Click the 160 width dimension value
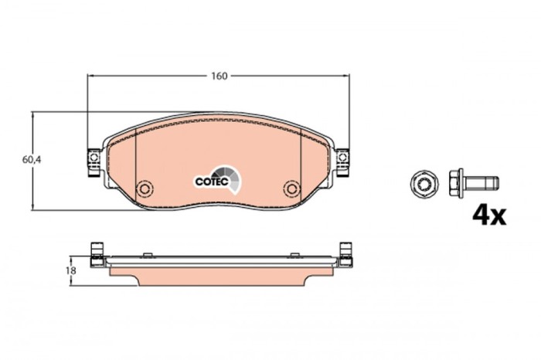pyautogui.click(x=219, y=76)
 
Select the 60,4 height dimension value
pyautogui.click(x=29, y=160)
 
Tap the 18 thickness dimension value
pyautogui.click(x=70, y=270)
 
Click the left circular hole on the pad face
pyautogui.click(x=143, y=188)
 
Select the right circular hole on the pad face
pyautogui.click(x=291, y=188)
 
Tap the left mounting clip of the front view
pyautogui.click(x=94, y=158)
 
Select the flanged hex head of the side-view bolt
pyautogui.click(x=456, y=184)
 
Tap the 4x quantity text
pyautogui.click(x=488, y=214)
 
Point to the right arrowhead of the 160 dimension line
pyautogui.click(x=343, y=76)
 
